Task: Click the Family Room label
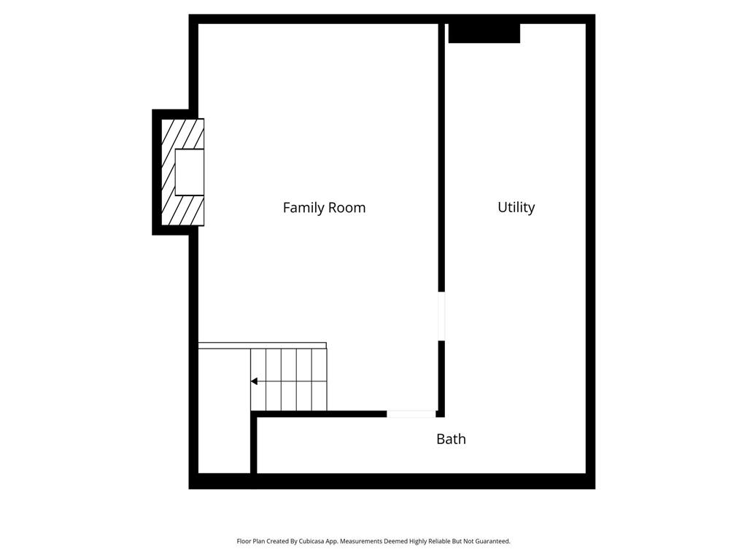[324, 208]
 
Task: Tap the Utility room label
[516, 207]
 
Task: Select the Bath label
[451, 439]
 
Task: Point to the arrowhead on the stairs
[254, 381]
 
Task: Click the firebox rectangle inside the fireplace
[189, 172]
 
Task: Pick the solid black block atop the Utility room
[484, 33]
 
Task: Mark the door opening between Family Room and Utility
[441, 316]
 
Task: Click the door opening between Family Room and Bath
[411, 414]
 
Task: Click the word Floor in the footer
[244, 541]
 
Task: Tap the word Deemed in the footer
[393, 541]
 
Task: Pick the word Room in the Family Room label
[347, 208]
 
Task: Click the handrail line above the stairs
[262, 346]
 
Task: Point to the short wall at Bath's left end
[254, 445]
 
